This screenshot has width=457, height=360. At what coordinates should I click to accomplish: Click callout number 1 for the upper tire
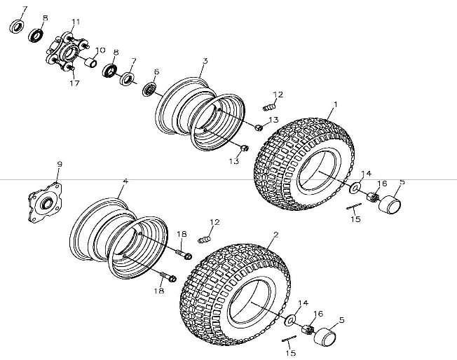(x=335, y=104)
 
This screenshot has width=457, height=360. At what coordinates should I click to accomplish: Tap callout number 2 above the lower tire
(x=275, y=234)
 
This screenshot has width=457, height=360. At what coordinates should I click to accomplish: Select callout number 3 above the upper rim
(x=204, y=61)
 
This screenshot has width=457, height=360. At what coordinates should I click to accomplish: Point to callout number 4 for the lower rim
(x=125, y=181)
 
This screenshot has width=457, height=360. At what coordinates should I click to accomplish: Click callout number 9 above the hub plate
(x=60, y=164)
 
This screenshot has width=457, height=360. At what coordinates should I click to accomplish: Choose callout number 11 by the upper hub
(x=76, y=22)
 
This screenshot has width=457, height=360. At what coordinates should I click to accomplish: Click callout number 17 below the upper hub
(x=74, y=83)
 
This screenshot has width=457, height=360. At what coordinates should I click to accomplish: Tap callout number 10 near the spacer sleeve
(x=100, y=50)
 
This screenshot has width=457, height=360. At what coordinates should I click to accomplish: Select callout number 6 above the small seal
(x=156, y=71)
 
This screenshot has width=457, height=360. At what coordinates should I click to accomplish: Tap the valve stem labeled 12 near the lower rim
(x=205, y=240)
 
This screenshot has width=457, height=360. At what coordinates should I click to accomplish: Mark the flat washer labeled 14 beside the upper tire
(x=355, y=187)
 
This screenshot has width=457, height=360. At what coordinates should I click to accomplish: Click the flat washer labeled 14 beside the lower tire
(x=289, y=320)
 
